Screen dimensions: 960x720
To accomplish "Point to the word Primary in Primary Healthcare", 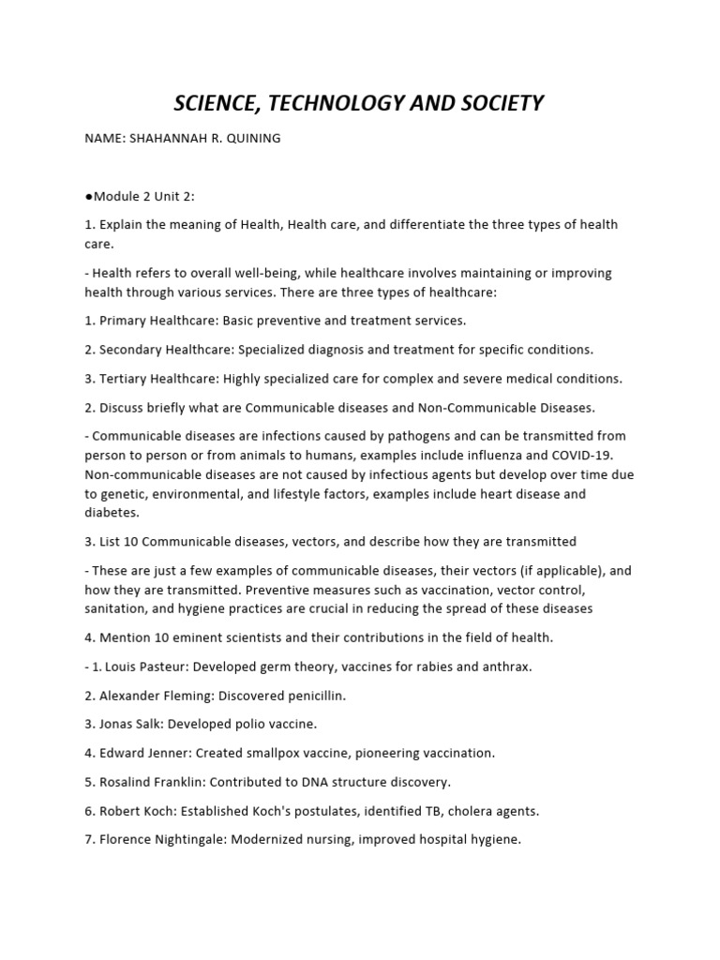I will pyautogui.click(x=124, y=321).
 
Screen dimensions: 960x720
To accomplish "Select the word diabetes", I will pyautogui.click(x=111, y=513).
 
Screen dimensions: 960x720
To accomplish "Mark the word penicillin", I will pyautogui.click(x=312, y=696).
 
